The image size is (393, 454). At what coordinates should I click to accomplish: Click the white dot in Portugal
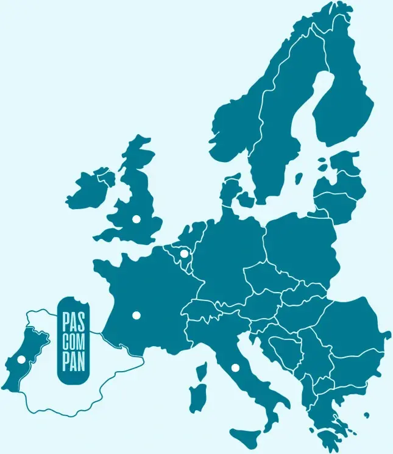coord(22,360)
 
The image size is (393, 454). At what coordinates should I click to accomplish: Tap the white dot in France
coord(136,315)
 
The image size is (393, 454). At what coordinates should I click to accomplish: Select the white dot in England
coord(136,218)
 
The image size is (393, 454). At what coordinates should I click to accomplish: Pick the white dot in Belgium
coord(184,253)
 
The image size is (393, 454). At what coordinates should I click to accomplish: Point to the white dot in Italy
coord(235,367)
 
